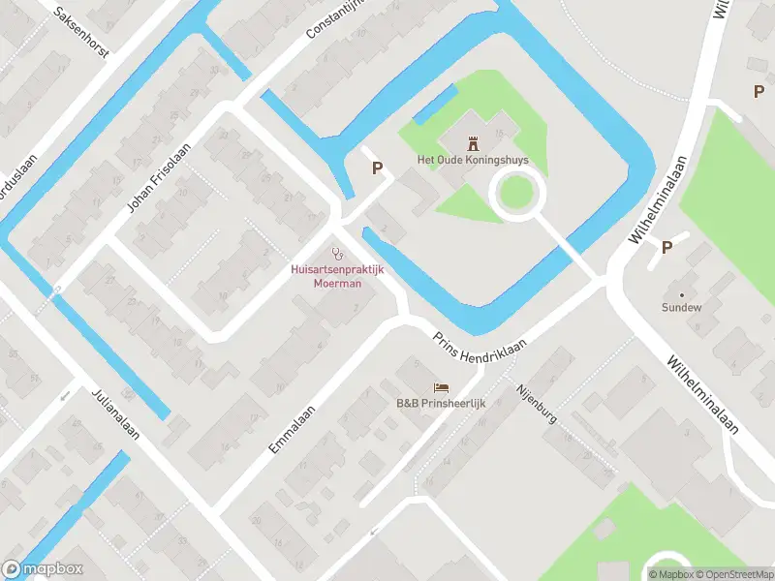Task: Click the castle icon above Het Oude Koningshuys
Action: pyautogui.click(x=474, y=143)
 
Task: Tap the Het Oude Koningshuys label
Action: pyautogui.click(x=474, y=161)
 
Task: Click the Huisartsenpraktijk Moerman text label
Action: pyautogui.click(x=337, y=276)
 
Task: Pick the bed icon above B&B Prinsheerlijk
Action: pyautogui.click(x=441, y=387)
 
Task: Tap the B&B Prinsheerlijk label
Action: pyautogui.click(x=441, y=403)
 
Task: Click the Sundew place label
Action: pyautogui.click(x=681, y=307)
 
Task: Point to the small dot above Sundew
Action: pyautogui.click(x=681, y=293)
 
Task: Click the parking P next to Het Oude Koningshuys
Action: pyautogui.click(x=378, y=168)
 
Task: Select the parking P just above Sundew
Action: pyautogui.click(x=666, y=248)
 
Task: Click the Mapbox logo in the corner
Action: pyautogui.click(x=43, y=569)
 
